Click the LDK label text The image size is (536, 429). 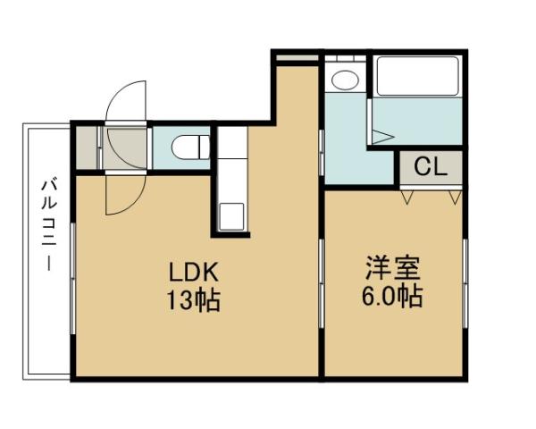click(189, 272)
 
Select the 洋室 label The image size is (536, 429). click(393, 268)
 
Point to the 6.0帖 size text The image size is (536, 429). click(393, 297)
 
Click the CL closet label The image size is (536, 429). click(430, 165)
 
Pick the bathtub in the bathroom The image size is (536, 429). click(417, 76)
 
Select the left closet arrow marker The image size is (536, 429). click(408, 196)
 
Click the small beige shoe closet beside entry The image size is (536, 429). click(86, 147)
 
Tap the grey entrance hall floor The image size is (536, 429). click(125, 147)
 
